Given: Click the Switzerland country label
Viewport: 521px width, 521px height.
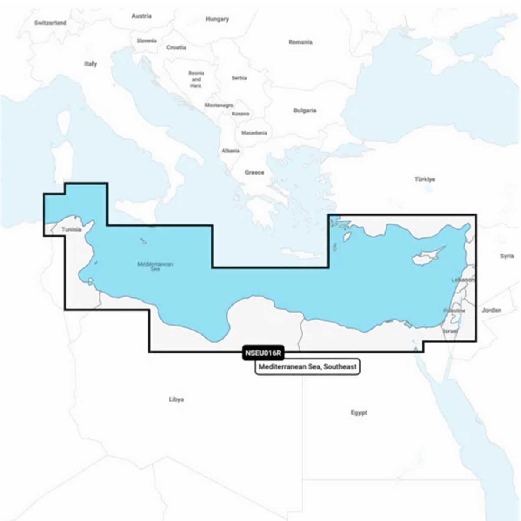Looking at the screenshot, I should pyautogui.click(x=50, y=23).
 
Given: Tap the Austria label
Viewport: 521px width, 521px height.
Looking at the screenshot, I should pyautogui.click(x=142, y=16).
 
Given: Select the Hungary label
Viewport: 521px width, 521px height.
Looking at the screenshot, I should pyautogui.click(x=217, y=19).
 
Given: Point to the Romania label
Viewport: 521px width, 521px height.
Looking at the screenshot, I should pyautogui.click(x=300, y=42).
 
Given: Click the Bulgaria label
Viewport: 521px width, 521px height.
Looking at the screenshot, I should pyautogui.click(x=305, y=111).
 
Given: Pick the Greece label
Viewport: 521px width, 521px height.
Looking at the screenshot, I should pyautogui.click(x=254, y=172).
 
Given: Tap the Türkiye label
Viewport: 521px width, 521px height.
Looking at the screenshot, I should pyautogui.click(x=425, y=179).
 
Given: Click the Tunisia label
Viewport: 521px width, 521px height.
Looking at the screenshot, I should pyautogui.click(x=71, y=229).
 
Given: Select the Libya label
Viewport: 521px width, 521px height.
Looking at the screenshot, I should pyautogui.click(x=176, y=399).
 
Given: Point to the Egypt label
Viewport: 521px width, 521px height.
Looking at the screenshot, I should pyautogui.click(x=359, y=412).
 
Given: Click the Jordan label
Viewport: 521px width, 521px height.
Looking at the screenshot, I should pyautogui.click(x=491, y=310).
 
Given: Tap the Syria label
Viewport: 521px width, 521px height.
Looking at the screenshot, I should pyautogui.click(x=507, y=256).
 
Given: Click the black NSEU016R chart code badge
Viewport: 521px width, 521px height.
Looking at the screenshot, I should pyautogui.click(x=263, y=353).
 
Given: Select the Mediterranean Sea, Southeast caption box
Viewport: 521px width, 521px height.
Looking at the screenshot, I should pyautogui.click(x=307, y=367).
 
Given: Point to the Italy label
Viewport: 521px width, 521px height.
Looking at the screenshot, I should pyautogui.click(x=91, y=64).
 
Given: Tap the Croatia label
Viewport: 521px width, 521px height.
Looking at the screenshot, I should pyautogui.click(x=176, y=47).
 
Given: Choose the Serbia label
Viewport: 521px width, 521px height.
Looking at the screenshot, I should pyautogui.click(x=239, y=78).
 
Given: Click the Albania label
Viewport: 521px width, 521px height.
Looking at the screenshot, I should pyautogui.click(x=231, y=151).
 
